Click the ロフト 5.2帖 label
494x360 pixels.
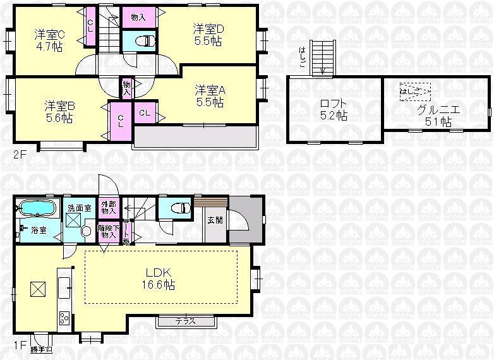(x=333, y=110)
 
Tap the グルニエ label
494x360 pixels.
(x=438, y=116)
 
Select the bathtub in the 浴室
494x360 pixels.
(x=35, y=208)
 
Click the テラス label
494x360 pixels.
(x=186, y=321)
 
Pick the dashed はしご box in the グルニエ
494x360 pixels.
(x=414, y=92)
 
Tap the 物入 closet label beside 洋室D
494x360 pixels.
(x=138, y=17)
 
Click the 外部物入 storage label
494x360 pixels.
(x=109, y=208)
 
